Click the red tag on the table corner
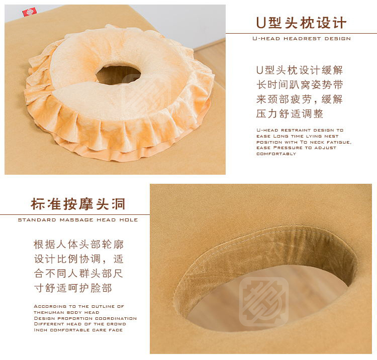[x=30, y=12]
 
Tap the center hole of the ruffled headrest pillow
[x=118, y=75]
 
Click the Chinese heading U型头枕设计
[x=301, y=23]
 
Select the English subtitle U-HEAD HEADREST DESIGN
[x=302, y=39]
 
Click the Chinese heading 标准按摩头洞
[x=78, y=204]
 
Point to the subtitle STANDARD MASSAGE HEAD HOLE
[x=78, y=220]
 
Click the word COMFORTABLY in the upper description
[x=276, y=154]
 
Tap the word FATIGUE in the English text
[x=339, y=142]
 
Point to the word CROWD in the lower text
[x=117, y=324]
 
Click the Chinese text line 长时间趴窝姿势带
[x=300, y=84]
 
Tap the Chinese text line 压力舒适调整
[x=290, y=113]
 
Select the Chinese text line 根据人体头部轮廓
[x=78, y=244]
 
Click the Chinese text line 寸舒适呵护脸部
[x=73, y=288]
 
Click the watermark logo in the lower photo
[x=264, y=302]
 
